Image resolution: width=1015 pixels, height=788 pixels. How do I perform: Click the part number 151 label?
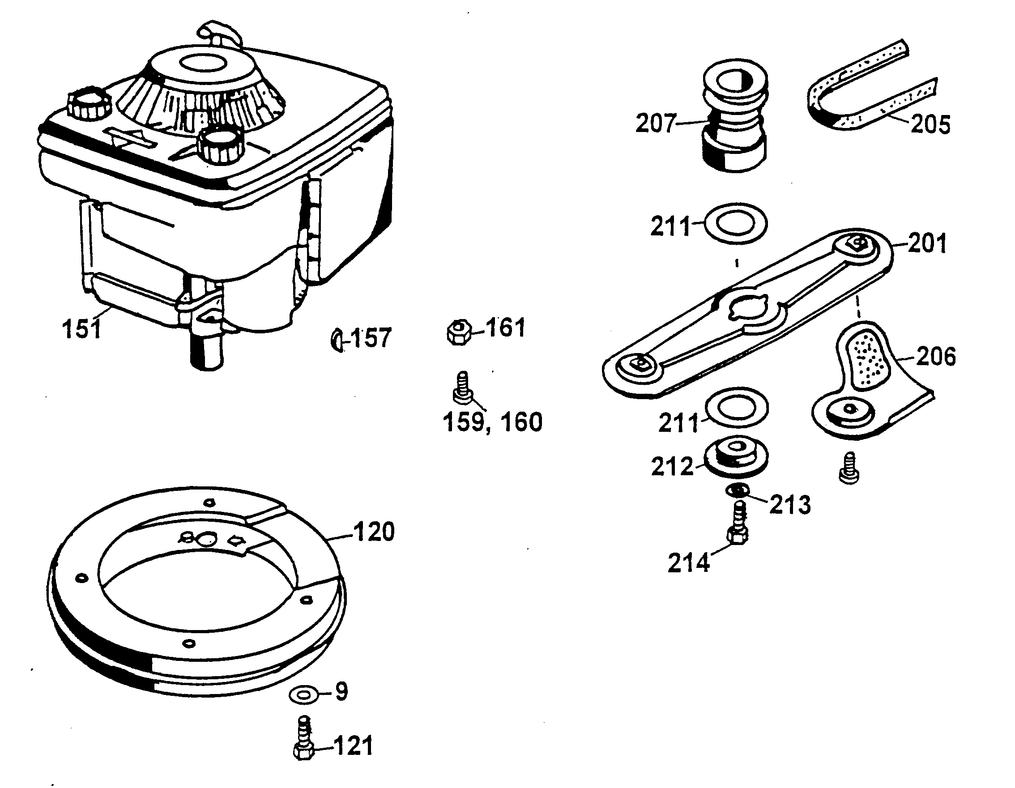[81, 329]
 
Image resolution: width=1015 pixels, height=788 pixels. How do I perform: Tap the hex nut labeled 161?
[459, 332]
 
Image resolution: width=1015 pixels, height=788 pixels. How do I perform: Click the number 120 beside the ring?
[374, 532]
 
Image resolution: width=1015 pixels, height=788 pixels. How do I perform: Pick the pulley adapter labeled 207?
[734, 116]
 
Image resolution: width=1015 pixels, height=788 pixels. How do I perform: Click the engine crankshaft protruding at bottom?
[207, 353]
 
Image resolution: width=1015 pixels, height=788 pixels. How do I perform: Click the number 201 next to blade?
[927, 243]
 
